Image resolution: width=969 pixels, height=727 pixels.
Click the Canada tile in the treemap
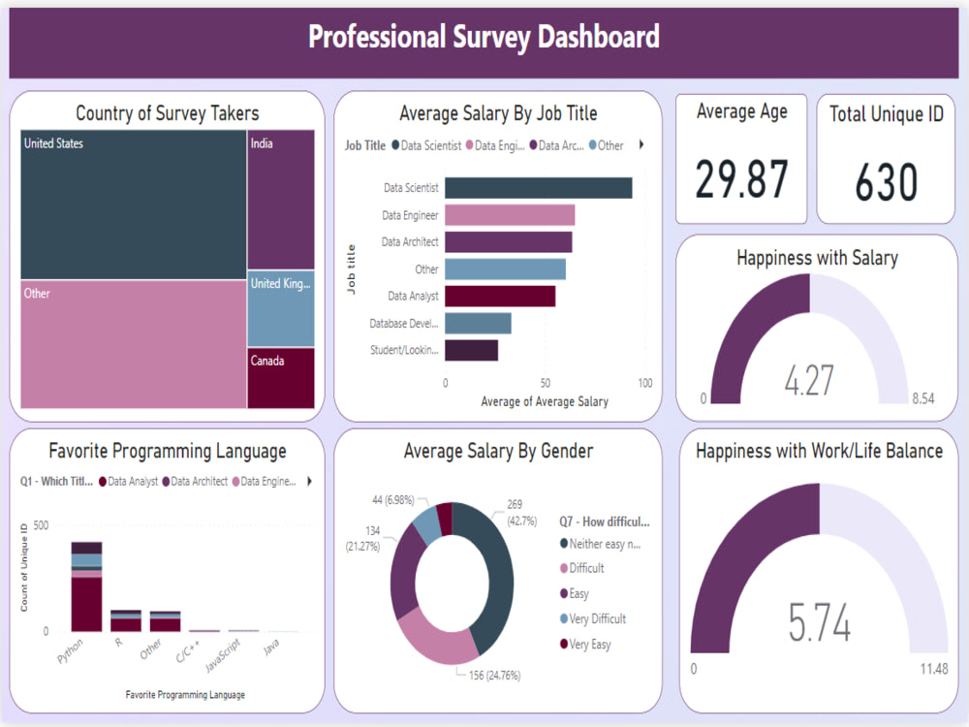[281, 378]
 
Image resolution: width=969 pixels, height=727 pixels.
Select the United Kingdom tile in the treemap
[281, 308]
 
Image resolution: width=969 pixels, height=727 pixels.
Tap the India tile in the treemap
[281, 199]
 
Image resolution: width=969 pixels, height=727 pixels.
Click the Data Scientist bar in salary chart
[539, 188]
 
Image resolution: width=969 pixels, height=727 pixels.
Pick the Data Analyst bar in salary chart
[500, 296]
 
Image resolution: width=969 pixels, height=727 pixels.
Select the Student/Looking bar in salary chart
[472, 350]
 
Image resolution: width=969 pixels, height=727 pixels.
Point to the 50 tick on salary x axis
[546, 383]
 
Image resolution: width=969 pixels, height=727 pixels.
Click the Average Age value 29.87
[741, 178]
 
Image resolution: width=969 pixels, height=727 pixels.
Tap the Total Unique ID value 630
[886, 182]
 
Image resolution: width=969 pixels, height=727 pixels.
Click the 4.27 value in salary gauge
[809, 379]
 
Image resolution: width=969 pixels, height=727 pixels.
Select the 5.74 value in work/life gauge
[819, 623]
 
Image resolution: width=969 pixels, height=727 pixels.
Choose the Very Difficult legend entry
[597, 618]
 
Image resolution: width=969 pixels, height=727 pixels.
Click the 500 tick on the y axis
[41, 525]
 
